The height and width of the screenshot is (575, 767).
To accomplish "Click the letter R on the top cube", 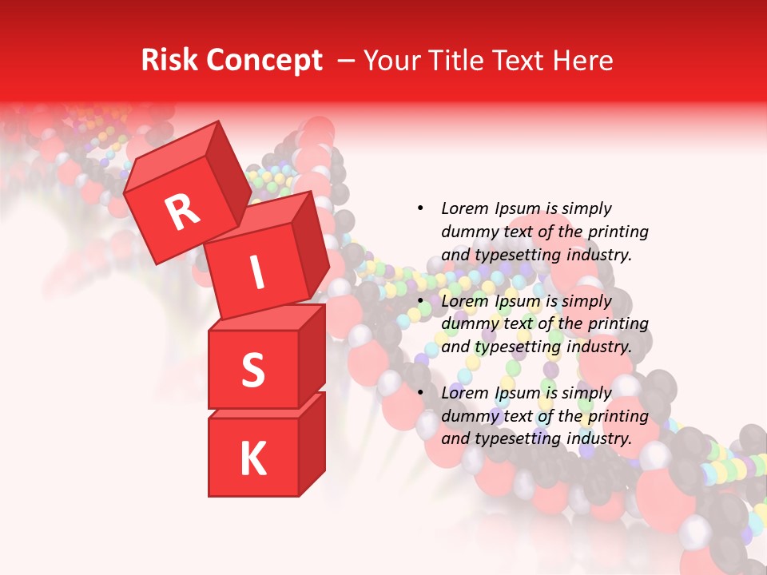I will click(183, 212).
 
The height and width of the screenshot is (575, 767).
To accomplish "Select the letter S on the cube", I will click(252, 370).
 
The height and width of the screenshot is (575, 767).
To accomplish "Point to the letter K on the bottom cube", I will click(252, 459).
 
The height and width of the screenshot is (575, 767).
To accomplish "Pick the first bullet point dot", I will click(420, 208).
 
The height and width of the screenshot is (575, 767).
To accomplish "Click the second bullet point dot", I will click(420, 301).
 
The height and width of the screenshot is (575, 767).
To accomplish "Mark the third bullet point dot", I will click(420, 393).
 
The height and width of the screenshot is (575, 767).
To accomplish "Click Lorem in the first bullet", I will click(463, 208).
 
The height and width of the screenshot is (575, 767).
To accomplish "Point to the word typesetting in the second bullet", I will click(516, 347).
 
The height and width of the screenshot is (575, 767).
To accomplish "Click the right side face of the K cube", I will click(312, 443).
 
